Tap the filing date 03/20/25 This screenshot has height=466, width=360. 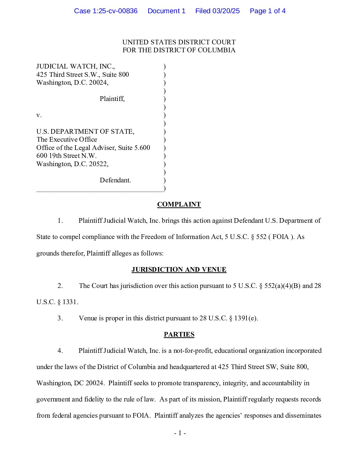click(226, 11)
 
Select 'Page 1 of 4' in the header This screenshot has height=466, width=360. click(267, 11)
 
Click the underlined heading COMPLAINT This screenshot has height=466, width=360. click(179, 205)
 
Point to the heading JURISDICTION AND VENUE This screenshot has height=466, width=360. click(179, 270)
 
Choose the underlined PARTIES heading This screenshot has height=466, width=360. click(179, 335)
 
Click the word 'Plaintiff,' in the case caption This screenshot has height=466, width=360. click(112, 99)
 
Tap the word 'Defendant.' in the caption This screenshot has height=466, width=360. click(115, 180)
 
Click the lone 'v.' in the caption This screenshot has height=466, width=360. click(39, 115)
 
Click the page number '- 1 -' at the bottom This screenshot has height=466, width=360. click(180, 433)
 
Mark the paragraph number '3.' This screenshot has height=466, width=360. click(60, 318)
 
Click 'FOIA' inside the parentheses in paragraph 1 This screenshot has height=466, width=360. click(281, 237)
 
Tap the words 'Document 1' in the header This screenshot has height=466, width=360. click(166, 11)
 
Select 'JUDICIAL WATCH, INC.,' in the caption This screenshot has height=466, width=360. click(75, 67)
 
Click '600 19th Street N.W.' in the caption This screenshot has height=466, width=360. click(67, 156)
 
